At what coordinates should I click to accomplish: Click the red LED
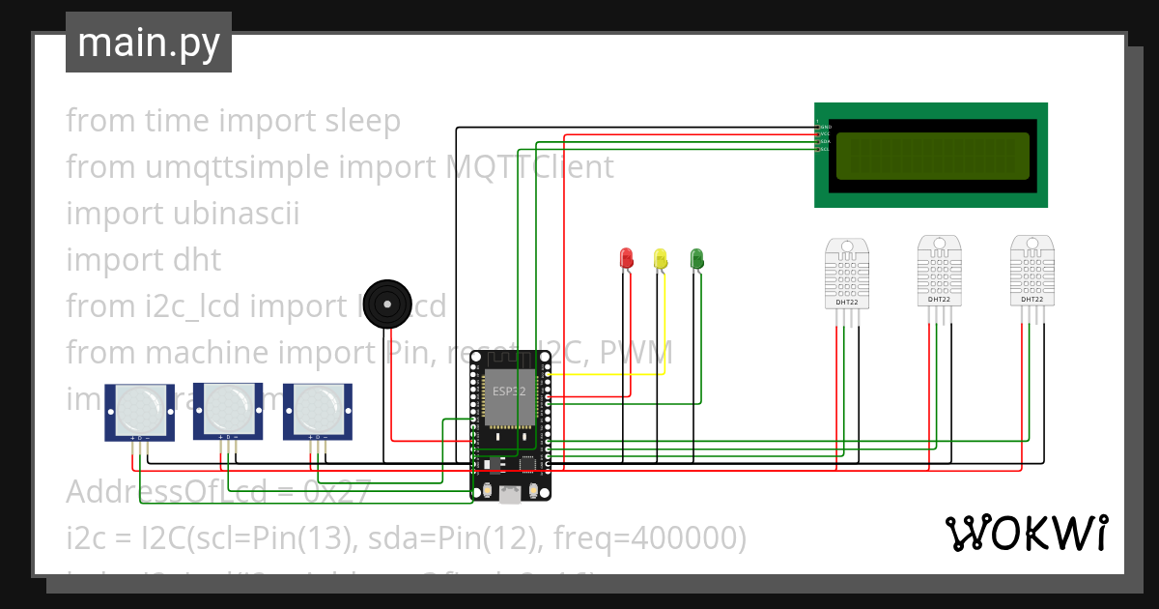pyautogui.click(x=626, y=258)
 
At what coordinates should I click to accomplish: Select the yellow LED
pyautogui.click(x=661, y=258)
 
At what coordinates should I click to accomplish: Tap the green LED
pyautogui.click(x=696, y=258)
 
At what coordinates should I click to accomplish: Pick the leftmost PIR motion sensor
pyautogui.click(x=139, y=411)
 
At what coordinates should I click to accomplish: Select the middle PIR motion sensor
pyautogui.click(x=229, y=411)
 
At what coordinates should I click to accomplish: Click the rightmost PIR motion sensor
pyautogui.click(x=318, y=411)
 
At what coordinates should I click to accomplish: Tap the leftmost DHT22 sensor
pyautogui.click(x=846, y=275)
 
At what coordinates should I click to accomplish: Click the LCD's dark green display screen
pyautogui.click(x=932, y=156)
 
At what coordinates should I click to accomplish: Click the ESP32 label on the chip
pyautogui.click(x=509, y=391)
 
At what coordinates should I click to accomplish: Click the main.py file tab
pyautogui.click(x=149, y=43)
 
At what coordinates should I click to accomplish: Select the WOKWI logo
pyautogui.click(x=1026, y=533)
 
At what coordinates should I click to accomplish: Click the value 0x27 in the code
pyautogui.click(x=337, y=492)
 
